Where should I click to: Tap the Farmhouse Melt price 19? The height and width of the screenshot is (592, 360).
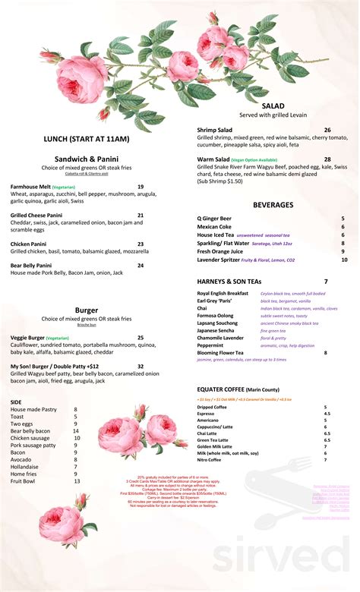click(141, 187)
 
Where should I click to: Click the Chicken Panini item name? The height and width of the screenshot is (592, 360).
click(30, 244)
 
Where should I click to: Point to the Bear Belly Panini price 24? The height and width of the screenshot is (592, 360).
click(141, 266)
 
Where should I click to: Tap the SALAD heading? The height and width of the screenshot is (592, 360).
click(273, 105)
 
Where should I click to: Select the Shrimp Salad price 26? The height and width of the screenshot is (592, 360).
click(327, 130)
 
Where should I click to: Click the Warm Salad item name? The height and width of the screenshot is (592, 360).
click(214, 159)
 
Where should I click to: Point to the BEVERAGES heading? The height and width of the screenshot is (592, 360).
click(273, 205)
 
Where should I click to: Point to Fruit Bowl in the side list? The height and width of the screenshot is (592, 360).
click(24, 481)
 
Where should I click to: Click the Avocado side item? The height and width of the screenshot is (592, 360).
click(21, 459)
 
